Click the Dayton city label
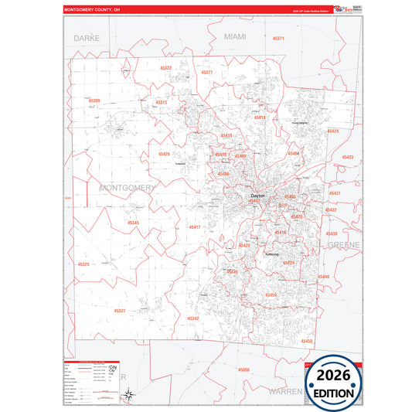257,196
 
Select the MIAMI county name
234,36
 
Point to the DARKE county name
87,37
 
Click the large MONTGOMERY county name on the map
128,188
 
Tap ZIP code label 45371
278,38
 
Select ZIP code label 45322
165,68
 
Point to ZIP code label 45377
206,72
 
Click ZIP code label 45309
94,100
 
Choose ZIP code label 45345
133,223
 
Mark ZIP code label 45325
83,264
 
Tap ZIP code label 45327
120,311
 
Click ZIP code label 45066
243,370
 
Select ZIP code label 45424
332,131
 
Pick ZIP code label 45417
194,227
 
